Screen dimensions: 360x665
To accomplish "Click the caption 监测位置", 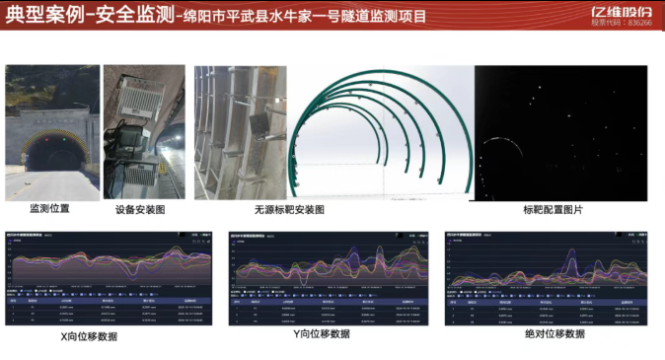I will (x=49, y=209).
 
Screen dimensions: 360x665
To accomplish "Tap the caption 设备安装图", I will (x=139, y=209).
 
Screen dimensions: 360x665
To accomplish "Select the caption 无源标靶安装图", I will (x=288, y=210).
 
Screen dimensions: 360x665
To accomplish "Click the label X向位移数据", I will (x=103, y=336).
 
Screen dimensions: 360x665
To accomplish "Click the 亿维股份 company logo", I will (x=623, y=11).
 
